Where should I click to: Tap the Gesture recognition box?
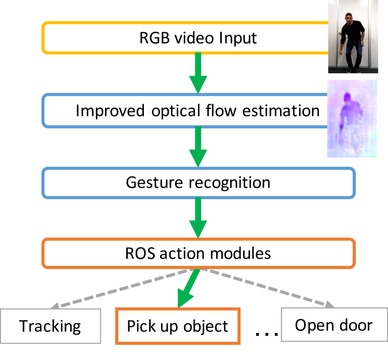tap(197, 183)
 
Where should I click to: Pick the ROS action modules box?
tap(197, 254)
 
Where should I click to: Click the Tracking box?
tap(50, 326)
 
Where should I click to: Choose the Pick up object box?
tap(177, 326)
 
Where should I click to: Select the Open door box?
tap(333, 325)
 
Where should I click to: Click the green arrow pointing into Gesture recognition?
tap(197, 147)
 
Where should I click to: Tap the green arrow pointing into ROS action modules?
tap(197, 219)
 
